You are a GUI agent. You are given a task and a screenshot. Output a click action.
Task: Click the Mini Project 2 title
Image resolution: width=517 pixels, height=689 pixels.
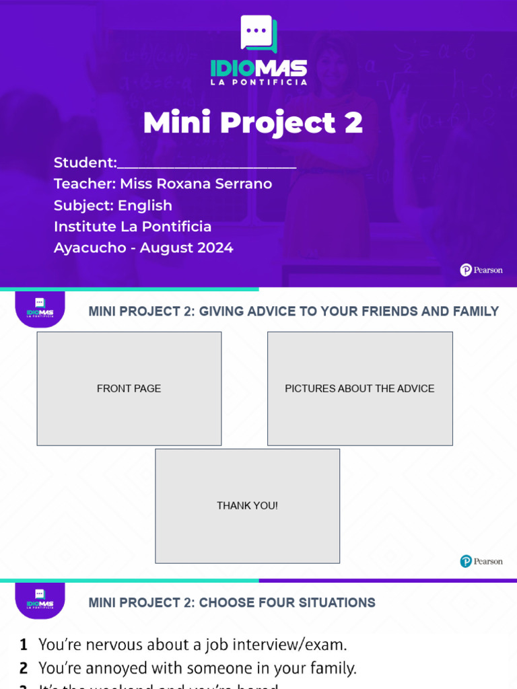click(253, 123)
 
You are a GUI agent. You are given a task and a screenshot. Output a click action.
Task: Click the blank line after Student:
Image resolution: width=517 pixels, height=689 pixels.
click(207, 164)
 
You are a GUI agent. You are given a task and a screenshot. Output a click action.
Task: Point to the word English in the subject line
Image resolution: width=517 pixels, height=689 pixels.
click(145, 205)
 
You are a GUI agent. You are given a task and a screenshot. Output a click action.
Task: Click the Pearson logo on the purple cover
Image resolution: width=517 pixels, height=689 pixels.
click(481, 270)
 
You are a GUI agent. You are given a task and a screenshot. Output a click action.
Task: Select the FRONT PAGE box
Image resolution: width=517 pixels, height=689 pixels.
click(129, 388)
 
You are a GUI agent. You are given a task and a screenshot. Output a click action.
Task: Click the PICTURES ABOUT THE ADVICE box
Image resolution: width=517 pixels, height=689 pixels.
click(359, 388)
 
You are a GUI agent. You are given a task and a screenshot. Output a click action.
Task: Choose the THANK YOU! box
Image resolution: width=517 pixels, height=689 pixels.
click(247, 505)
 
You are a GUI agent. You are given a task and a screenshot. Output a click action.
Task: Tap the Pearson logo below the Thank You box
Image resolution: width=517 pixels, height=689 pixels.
click(481, 561)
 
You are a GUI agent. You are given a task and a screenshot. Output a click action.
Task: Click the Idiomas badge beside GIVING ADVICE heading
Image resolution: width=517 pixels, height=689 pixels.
click(40, 308)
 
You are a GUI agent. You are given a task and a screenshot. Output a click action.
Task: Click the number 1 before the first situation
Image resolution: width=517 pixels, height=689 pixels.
click(24, 645)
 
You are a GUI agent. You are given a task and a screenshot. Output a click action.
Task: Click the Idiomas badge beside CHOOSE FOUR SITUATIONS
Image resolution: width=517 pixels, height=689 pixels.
click(40, 599)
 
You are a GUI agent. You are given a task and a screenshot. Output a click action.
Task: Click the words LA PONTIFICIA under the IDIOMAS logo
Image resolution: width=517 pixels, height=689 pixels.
click(258, 82)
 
